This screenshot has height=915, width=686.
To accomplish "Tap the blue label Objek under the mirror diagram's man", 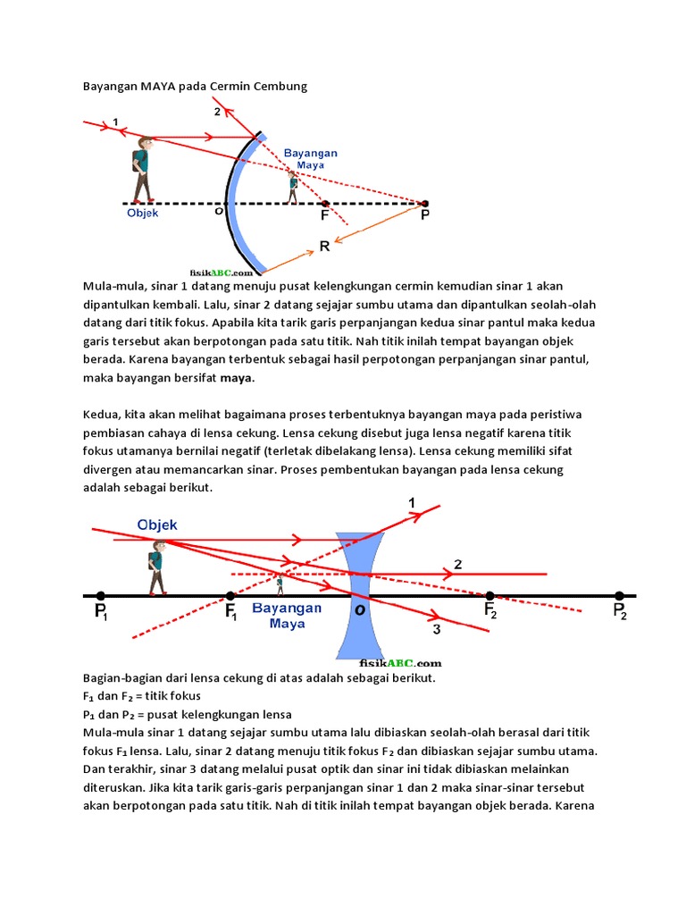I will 142,213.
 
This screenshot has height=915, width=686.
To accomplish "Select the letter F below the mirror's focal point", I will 325,216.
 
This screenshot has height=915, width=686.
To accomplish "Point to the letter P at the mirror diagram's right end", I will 424,216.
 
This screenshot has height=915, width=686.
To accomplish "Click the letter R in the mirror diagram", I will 324,246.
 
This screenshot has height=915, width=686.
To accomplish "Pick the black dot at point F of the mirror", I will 324,204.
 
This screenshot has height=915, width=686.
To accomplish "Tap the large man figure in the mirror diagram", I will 143,170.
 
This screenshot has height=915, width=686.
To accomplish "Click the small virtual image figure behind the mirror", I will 293,188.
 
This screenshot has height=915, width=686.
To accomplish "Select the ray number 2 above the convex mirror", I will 217,112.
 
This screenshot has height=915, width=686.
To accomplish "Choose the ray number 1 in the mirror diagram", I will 115,122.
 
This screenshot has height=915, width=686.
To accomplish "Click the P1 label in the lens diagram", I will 100,612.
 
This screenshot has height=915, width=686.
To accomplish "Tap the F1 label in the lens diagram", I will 230,612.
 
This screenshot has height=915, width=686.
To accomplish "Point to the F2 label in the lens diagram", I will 490,611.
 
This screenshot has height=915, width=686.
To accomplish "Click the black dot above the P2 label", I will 619,595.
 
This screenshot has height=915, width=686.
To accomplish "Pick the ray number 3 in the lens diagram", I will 436,630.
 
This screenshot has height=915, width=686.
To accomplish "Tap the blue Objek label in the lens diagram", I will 158,525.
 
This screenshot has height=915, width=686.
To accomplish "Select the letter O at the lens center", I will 360,609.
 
